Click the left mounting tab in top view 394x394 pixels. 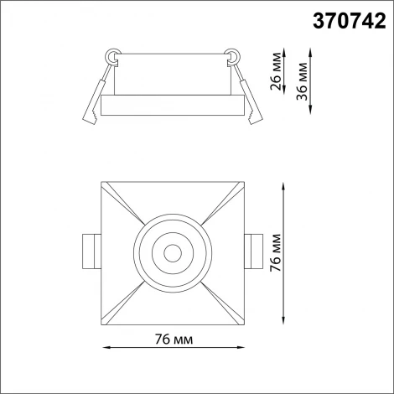pos(90,250)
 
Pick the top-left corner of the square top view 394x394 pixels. pos(101,180)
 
